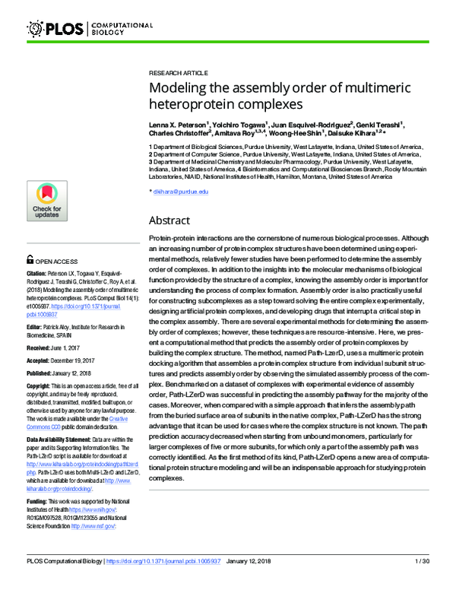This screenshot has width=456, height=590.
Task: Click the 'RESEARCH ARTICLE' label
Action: (173, 67)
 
